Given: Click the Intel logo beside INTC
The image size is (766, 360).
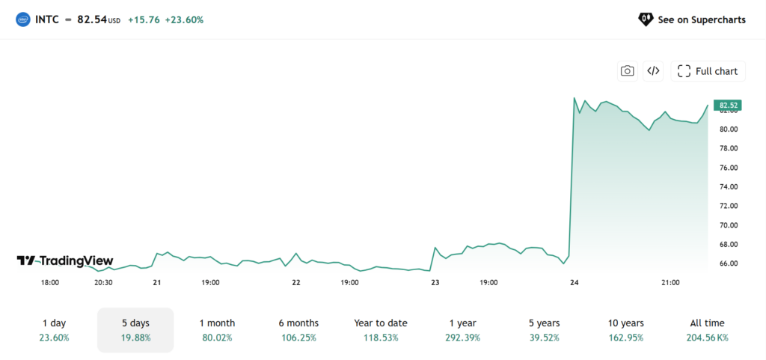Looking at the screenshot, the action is (x=23, y=20).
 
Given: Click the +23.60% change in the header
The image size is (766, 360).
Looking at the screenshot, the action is (x=184, y=20).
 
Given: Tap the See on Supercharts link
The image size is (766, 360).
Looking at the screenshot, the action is (x=692, y=19).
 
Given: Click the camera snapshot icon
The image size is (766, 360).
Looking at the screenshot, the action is (x=628, y=71).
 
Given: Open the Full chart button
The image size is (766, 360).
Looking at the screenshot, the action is (x=708, y=71).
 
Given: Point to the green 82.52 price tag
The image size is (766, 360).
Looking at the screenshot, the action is (x=727, y=105).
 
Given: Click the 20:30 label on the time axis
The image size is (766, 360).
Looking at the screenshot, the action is (x=103, y=282).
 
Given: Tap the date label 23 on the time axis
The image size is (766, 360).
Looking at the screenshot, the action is (x=435, y=282).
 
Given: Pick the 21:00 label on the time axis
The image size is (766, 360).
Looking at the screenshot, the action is (x=670, y=282).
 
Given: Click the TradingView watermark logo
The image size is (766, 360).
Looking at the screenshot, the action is (x=64, y=261).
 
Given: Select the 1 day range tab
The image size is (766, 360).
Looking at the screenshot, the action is (x=54, y=330).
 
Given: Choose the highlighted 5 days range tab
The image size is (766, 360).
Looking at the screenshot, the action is (x=135, y=330).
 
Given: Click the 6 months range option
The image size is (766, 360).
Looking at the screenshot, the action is (x=298, y=330).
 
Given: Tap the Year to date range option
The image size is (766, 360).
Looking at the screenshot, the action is (x=381, y=330).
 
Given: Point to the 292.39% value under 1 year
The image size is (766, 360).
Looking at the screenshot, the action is (x=462, y=338).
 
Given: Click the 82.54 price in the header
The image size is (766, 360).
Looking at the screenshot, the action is (x=92, y=20).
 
